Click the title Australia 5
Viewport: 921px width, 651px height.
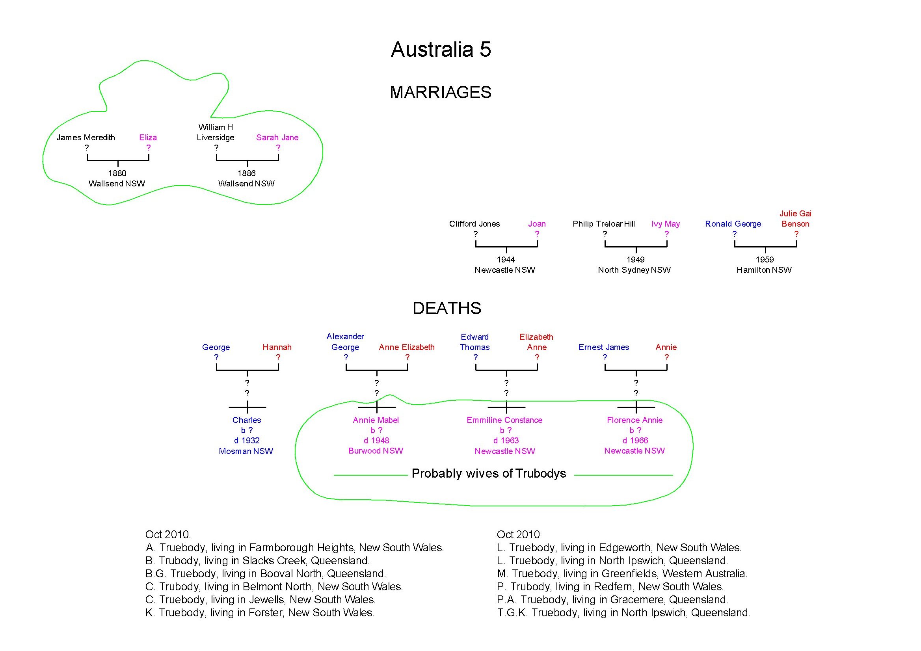click(x=441, y=50)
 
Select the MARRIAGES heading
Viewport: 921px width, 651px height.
click(x=441, y=93)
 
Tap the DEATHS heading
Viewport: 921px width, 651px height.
click(x=447, y=309)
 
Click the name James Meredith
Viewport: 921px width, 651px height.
click(x=86, y=138)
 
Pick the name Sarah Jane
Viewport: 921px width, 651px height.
click(x=277, y=138)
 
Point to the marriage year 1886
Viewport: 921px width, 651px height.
click(x=246, y=173)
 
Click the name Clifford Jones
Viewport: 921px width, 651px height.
click(x=474, y=224)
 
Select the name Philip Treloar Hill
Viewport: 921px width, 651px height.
click(x=604, y=224)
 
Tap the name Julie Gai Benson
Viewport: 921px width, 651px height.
click(x=795, y=219)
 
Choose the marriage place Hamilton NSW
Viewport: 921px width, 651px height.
click(x=764, y=270)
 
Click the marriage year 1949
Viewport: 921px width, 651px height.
click(x=635, y=260)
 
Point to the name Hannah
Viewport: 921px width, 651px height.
click(x=277, y=347)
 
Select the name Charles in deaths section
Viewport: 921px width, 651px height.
click(x=247, y=420)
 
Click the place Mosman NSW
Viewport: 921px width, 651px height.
click(x=246, y=451)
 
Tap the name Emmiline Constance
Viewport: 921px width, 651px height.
click(x=504, y=420)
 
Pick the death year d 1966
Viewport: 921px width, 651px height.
click(x=635, y=441)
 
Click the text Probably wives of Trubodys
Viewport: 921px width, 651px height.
click(x=489, y=474)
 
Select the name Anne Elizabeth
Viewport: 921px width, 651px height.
click(x=407, y=347)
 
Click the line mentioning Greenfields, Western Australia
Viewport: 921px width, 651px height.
click(x=622, y=574)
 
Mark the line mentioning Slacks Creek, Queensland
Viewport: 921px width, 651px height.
click(x=257, y=561)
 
